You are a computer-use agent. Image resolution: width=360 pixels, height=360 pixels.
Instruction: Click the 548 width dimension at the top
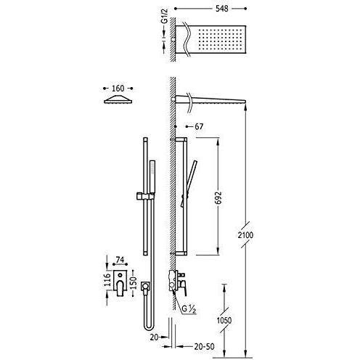[221, 9]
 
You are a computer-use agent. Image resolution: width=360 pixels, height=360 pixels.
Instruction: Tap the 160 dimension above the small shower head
[118, 89]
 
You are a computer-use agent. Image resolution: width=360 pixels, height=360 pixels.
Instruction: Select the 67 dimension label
[199, 126]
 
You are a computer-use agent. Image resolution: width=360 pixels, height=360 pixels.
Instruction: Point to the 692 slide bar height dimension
[218, 198]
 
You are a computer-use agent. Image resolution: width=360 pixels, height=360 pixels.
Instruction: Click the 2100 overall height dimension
[245, 235]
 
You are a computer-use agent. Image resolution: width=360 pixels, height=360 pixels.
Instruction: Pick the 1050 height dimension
[224, 320]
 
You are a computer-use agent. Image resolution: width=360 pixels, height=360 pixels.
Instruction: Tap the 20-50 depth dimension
[204, 346]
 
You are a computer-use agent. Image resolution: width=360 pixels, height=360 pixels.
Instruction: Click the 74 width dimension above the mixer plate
[120, 260]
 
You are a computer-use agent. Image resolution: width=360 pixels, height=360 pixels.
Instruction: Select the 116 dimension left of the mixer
[107, 280]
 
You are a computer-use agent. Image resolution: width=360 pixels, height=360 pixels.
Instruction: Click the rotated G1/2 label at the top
[165, 17]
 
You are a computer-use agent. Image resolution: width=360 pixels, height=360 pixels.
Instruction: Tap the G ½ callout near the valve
[189, 309]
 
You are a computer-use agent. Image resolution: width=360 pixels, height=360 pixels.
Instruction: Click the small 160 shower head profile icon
[118, 99]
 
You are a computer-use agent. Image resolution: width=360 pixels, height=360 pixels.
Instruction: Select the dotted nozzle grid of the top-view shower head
[221, 38]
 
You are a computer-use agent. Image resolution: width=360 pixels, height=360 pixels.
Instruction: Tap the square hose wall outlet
[145, 286]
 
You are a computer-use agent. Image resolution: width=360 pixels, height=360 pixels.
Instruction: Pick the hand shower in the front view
[152, 176]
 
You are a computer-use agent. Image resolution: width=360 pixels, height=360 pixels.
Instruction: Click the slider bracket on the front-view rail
[144, 196]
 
